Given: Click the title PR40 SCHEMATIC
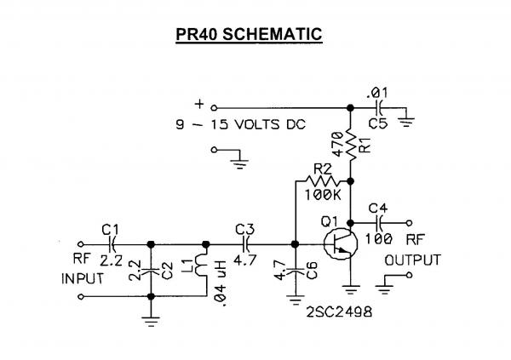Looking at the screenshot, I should [249, 35].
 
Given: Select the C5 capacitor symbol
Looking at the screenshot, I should [381, 108].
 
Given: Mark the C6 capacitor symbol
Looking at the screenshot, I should [294, 271].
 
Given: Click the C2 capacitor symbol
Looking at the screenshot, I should [151, 271].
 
